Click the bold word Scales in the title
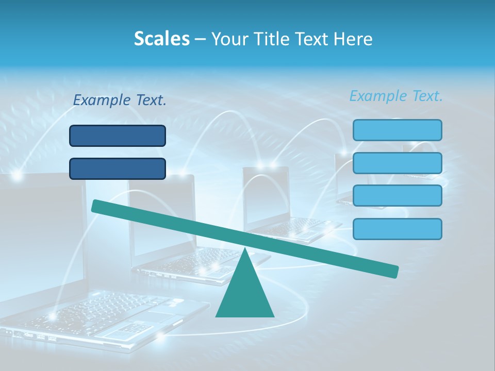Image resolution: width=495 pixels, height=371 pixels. coord(161,39)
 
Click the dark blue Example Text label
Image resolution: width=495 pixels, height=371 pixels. coord(120,100)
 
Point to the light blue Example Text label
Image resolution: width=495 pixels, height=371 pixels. coord(396,96)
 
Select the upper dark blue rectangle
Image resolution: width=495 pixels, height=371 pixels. coord(118,136)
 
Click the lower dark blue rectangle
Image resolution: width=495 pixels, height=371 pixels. coord(118,168)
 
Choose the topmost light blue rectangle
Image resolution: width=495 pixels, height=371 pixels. coord(397,130)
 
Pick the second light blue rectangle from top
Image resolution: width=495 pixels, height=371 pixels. coord(397,163)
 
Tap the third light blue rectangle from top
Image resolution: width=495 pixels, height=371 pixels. coord(397,196)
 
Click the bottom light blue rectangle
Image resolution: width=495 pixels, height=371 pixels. coord(397,229)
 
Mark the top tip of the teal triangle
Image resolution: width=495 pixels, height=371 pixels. coord(244,249)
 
